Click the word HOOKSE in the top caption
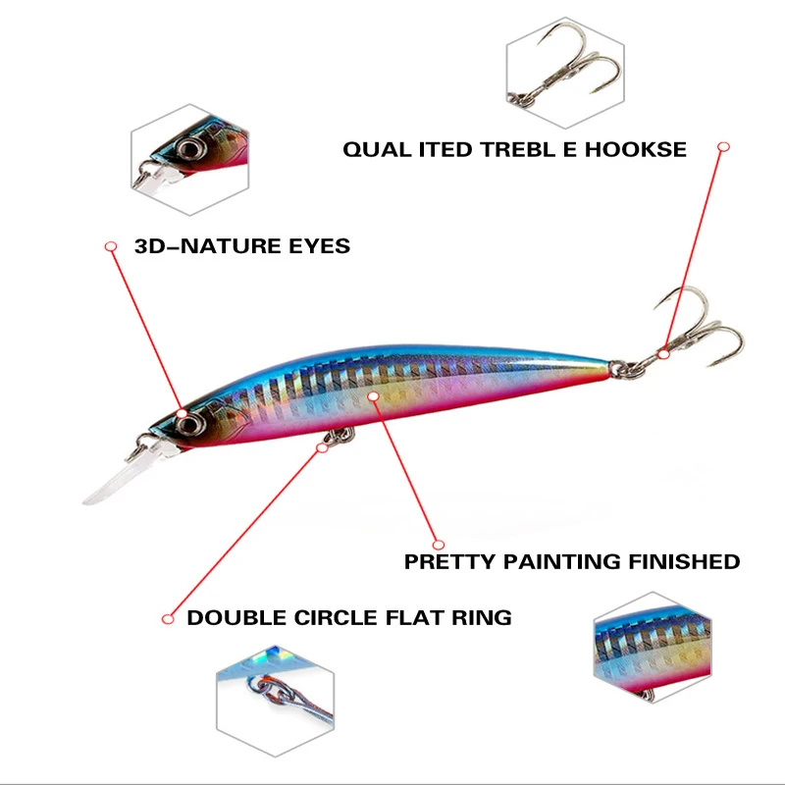638,150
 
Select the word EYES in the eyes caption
313,246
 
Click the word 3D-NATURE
202,246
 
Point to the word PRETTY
450,562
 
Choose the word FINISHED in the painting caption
683,562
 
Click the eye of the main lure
189,422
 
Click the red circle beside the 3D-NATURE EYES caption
111,245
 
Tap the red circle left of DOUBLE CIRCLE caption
168,618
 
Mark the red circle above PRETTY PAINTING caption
438,544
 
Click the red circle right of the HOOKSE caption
724,147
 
